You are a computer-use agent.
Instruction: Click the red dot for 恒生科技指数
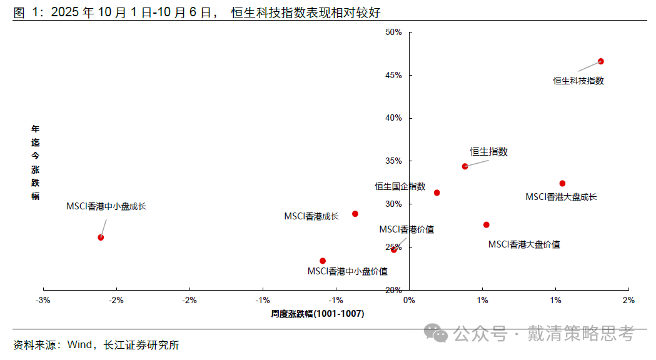pos(600,61)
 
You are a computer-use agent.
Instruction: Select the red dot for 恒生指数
pos(465,166)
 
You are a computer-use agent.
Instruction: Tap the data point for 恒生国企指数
pos(436,192)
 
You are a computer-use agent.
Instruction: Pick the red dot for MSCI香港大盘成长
pos(562,183)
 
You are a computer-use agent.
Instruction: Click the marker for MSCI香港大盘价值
pos(486,224)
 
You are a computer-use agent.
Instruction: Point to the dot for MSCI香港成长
pos(355,214)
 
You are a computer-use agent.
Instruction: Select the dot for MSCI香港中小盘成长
pos(101,237)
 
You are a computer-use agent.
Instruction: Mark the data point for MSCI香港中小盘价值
pos(323,261)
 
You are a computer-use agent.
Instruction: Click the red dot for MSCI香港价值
pos(393,249)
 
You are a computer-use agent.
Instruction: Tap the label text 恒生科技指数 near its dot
pos(578,81)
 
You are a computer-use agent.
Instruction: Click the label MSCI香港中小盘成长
pos(106,206)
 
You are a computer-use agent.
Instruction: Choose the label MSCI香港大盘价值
pos(523,244)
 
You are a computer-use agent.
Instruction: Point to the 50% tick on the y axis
pos(393,32)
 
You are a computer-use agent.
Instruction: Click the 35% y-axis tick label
pos(393,161)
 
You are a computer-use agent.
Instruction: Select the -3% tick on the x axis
pos(43,301)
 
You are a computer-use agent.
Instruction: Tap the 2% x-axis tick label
pos(628,301)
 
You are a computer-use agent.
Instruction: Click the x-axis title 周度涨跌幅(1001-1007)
pos(317,314)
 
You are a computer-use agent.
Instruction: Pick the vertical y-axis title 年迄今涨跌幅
pos(36,162)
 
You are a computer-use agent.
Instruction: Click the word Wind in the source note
pos(79,344)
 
